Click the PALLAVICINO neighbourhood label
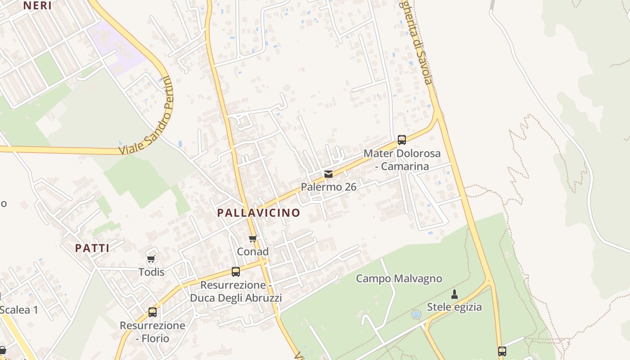click(x=258, y=213)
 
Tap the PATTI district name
click(x=92, y=248)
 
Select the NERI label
click(x=37, y=5)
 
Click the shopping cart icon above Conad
click(x=252, y=238)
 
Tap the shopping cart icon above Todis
click(x=151, y=259)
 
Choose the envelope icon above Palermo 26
click(x=328, y=174)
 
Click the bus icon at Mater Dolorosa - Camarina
click(x=402, y=140)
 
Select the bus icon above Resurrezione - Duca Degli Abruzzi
click(x=236, y=271)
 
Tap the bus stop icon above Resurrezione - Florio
click(x=153, y=312)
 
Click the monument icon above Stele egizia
click(x=454, y=294)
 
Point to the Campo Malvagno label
click(x=399, y=279)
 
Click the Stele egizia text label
click(x=454, y=307)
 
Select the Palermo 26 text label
click(x=328, y=187)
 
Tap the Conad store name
click(x=252, y=252)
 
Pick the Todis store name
click(x=151, y=272)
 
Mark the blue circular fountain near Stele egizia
click(x=417, y=314)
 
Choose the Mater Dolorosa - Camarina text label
click(x=402, y=160)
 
